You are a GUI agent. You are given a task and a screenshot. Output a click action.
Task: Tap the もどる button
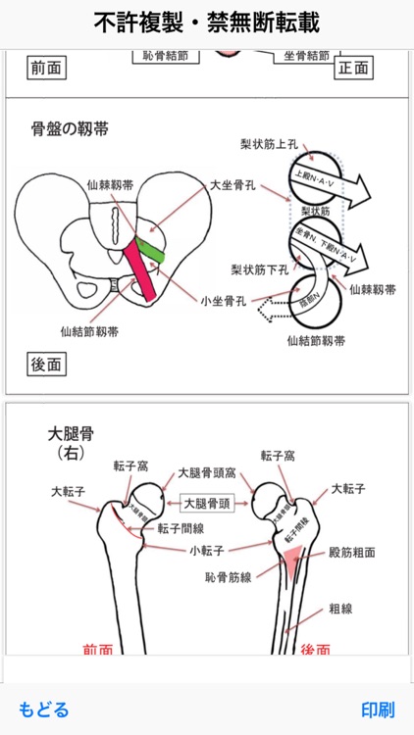coord(44,709)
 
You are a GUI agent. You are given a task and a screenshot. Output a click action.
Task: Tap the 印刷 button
coord(378,709)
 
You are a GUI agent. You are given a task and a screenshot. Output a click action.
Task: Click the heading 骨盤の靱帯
coord(71,128)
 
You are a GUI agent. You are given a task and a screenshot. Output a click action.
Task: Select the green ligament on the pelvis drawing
coord(151,250)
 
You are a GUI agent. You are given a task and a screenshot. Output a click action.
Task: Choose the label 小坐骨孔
coord(224,301)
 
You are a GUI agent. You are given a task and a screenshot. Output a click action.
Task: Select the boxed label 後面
coord(46,366)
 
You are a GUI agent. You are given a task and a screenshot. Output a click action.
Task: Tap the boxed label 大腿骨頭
coord(207,504)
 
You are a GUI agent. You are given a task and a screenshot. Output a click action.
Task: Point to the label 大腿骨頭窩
coord(205,473)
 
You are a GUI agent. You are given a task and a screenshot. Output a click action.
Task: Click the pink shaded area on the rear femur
coord(297,560)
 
